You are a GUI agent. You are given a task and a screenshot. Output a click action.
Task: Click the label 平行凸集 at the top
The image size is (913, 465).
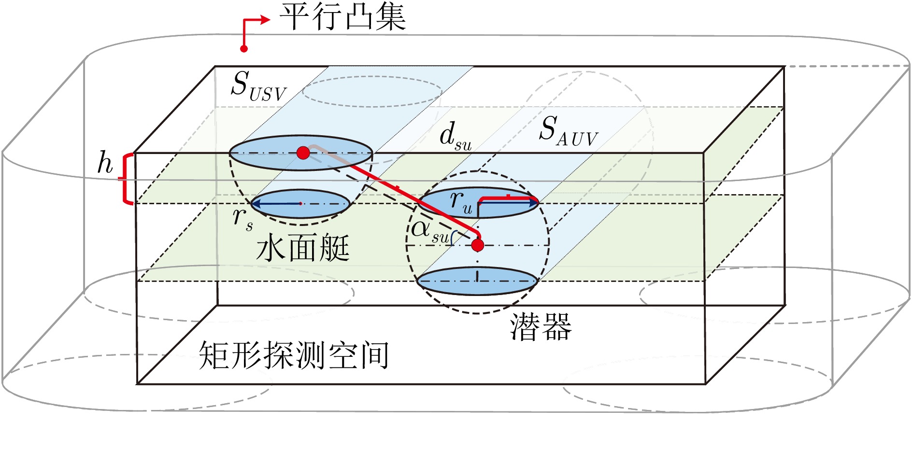[342, 17]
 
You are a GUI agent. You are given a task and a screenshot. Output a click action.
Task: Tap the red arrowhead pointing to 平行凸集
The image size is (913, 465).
[265, 20]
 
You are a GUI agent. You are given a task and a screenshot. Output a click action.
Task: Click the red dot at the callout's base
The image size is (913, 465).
[244, 48]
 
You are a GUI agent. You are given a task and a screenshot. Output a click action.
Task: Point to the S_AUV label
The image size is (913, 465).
[568, 131]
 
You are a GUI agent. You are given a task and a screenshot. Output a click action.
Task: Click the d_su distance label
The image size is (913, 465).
[455, 136]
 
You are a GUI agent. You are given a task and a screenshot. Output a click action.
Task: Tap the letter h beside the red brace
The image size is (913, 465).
[105, 163]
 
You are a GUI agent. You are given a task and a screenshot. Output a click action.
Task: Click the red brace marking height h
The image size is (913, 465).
[127, 179]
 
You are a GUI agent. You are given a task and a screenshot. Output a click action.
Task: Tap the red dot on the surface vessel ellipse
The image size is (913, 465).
[303, 153]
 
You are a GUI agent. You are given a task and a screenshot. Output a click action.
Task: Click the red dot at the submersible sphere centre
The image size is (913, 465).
[477, 245]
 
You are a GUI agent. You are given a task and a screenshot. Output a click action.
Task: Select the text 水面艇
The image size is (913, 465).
[303, 249]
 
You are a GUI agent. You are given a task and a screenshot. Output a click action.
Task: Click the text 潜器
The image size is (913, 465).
[541, 327]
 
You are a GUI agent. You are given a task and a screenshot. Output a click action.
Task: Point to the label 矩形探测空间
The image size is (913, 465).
[294, 356]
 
